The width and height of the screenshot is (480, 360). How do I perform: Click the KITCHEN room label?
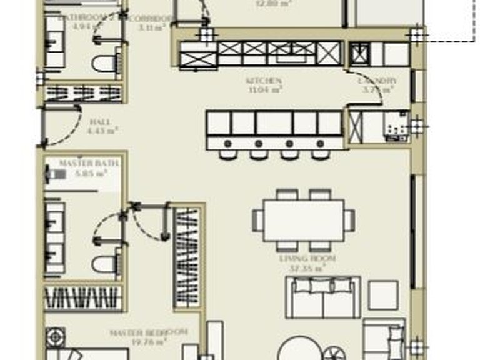tap(263, 81)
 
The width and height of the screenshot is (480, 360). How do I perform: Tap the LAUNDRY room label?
tap(377, 81)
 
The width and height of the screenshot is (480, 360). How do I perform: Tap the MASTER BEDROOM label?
tap(148, 332)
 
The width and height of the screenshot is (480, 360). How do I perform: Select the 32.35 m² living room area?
tap(308, 267)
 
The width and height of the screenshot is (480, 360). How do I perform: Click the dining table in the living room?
tap(303, 220)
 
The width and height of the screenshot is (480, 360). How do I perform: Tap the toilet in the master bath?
tap(105, 264)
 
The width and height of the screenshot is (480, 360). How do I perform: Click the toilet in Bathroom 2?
tap(104, 62)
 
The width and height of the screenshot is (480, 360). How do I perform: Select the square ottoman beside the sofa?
tap(382, 295)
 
